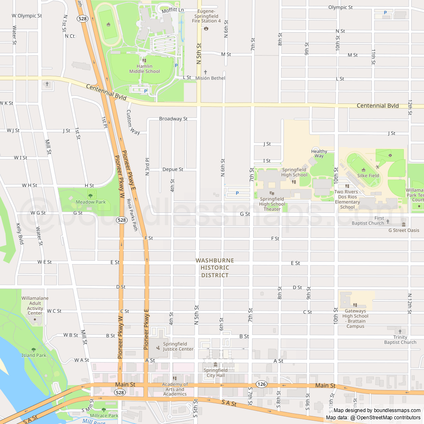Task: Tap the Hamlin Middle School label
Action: [145, 69]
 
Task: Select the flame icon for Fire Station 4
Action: [206, 29]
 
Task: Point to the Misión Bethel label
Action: [210, 78]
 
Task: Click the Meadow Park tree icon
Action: [90, 195]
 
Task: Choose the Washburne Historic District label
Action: [215, 268]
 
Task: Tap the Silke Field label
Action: [368, 176]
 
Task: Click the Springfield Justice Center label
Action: [178, 346]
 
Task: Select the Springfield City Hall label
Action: [215, 373]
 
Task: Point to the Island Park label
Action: [34, 355]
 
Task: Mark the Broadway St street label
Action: [173, 119]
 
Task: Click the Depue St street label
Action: [173, 169]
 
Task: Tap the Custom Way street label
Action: [133, 123]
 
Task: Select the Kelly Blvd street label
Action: [20, 234]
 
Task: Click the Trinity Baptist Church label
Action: [400, 340]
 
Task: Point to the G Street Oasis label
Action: [404, 230]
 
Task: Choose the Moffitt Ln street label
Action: [173, 9]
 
